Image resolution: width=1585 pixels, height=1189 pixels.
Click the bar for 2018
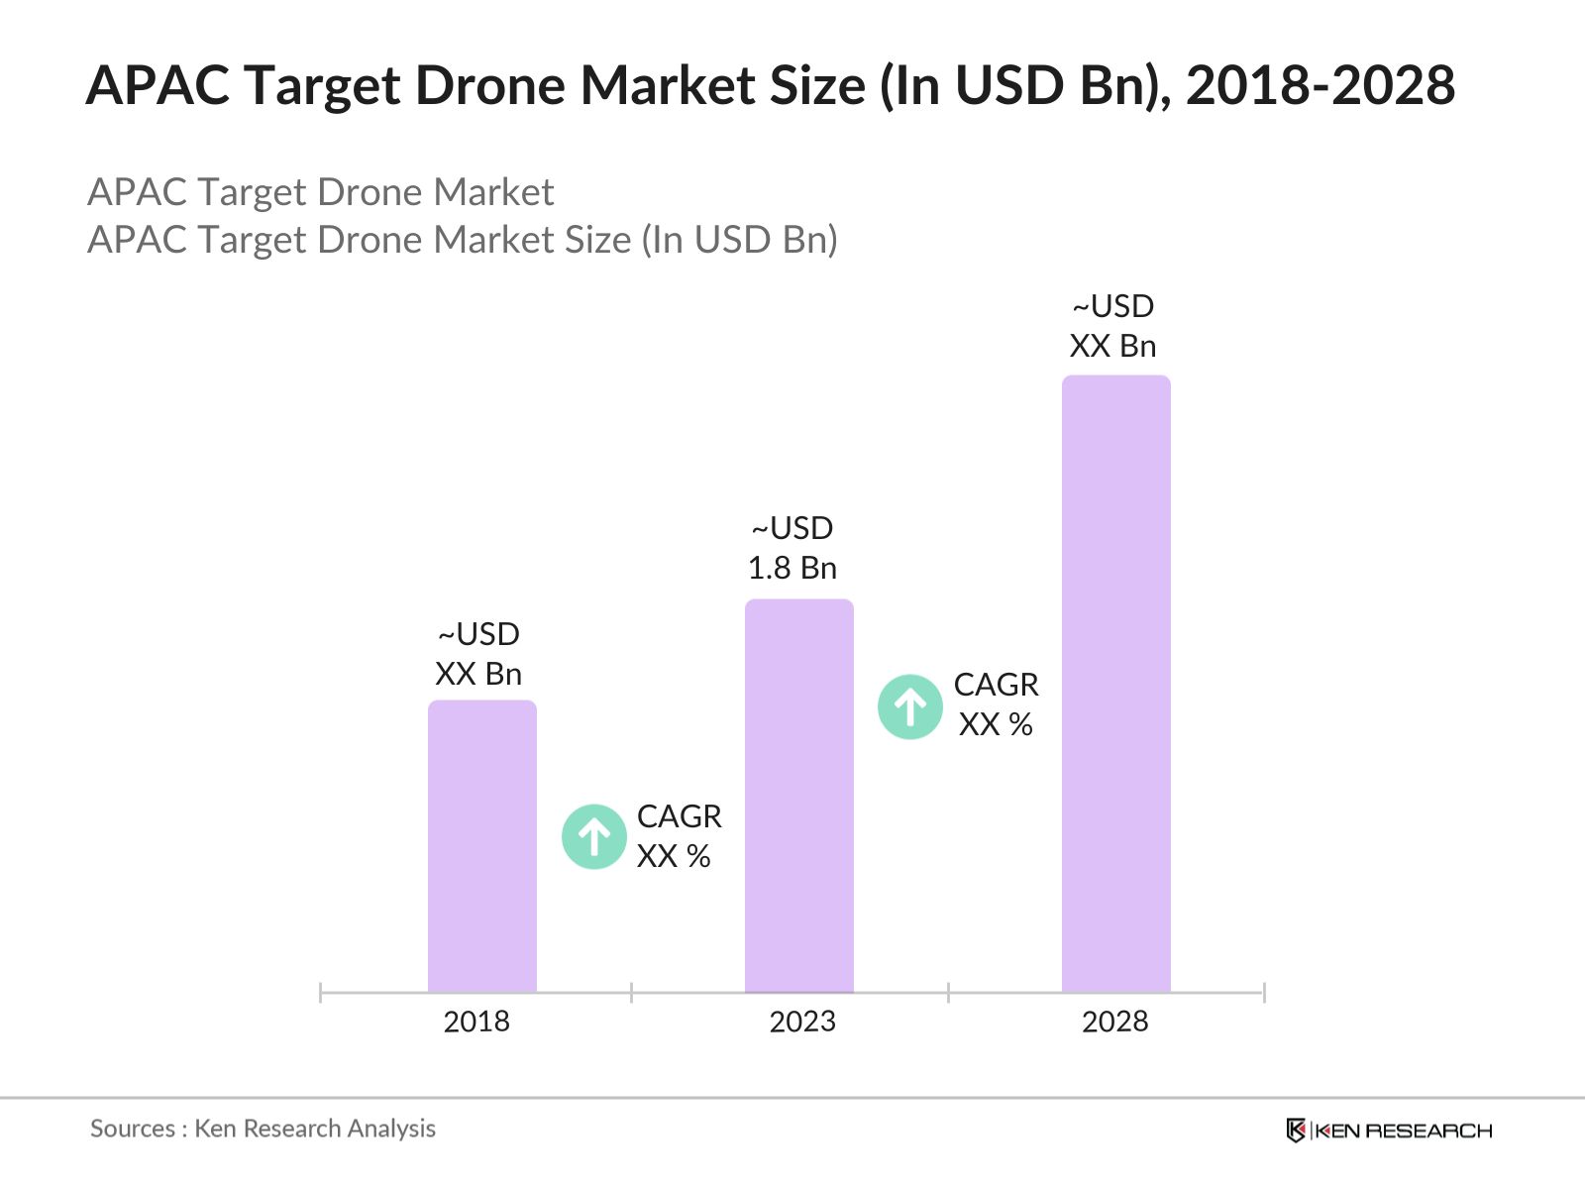tap(482, 846)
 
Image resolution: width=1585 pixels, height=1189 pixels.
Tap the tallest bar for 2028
tap(1116, 684)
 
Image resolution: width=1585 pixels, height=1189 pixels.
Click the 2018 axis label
tap(476, 1022)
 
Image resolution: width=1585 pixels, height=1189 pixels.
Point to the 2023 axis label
tap(802, 1022)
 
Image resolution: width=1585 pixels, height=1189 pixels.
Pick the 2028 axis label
tap(1114, 1022)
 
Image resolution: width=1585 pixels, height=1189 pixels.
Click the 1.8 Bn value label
tap(792, 568)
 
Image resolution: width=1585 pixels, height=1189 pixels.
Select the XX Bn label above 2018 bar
tap(478, 674)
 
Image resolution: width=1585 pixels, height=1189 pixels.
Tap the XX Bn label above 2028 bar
tap(1112, 346)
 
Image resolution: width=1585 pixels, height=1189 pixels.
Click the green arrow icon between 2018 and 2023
tap(594, 837)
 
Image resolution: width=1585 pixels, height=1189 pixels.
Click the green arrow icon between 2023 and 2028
tap(910, 707)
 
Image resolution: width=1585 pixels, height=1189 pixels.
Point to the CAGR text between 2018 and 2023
tap(679, 816)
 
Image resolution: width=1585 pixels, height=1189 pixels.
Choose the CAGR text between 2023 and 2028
tap(996, 685)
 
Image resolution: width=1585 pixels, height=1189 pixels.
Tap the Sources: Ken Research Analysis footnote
tap(263, 1129)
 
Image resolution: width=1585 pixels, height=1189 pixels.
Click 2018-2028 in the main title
tap(1320, 85)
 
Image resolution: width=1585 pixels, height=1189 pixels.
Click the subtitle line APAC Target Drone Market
tap(321, 192)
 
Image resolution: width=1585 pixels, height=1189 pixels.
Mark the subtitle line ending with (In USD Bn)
tap(463, 240)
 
